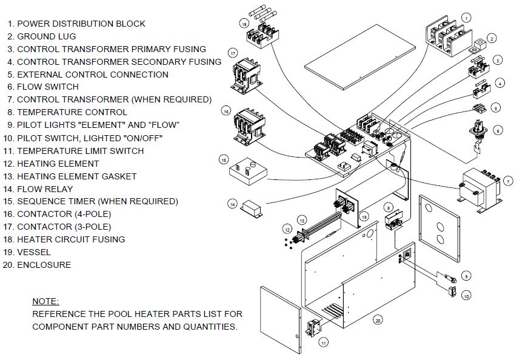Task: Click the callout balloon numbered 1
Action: tap(466, 18)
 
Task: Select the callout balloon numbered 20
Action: tap(378, 320)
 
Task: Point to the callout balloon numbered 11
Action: tap(324, 343)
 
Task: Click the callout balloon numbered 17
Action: tap(233, 52)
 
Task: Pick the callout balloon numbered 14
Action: tap(232, 204)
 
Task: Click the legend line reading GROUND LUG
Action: tap(46, 36)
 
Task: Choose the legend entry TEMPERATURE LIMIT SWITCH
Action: tap(80, 151)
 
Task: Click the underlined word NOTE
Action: tap(46, 301)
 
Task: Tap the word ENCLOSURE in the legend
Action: tap(44, 265)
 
